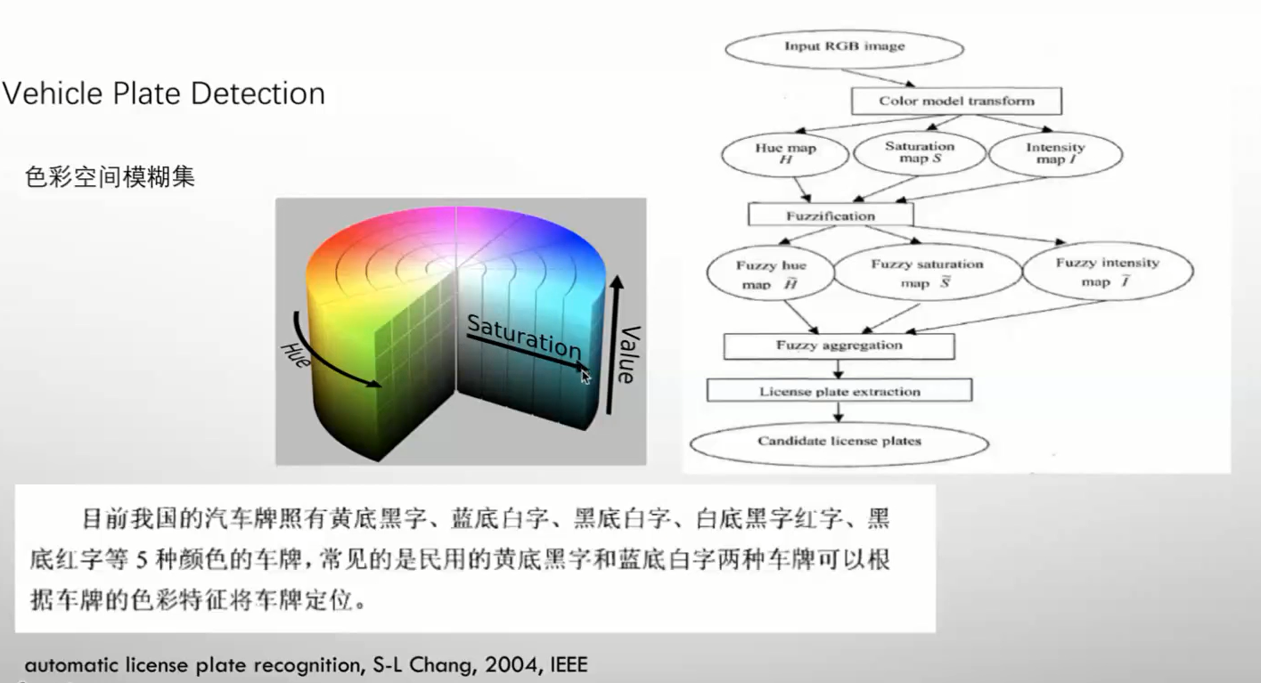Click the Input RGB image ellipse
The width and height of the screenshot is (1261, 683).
click(x=844, y=46)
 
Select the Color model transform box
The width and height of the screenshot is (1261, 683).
click(x=956, y=101)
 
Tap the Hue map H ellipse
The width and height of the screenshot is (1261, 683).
click(x=784, y=154)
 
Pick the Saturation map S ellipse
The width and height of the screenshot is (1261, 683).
click(x=919, y=153)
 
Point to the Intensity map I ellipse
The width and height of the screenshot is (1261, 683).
click(x=1055, y=154)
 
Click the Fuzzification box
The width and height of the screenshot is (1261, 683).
click(x=831, y=215)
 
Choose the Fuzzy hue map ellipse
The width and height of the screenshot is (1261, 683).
click(x=770, y=274)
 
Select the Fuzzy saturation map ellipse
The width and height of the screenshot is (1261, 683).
click(x=927, y=273)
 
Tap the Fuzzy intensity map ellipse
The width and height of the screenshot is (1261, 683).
click(x=1107, y=272)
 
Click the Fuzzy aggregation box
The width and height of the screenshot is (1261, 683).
click(x=839, y=346)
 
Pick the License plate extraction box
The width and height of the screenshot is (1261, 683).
click(x=839, y=391)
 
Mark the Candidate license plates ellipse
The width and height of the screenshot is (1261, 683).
click(x=839, y=442)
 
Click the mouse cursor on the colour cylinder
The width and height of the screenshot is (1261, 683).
click(x=585, y=376)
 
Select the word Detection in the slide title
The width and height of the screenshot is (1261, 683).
click(x=262, y=94)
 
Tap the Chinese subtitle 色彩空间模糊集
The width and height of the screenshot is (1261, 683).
click(x=110, y=177)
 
